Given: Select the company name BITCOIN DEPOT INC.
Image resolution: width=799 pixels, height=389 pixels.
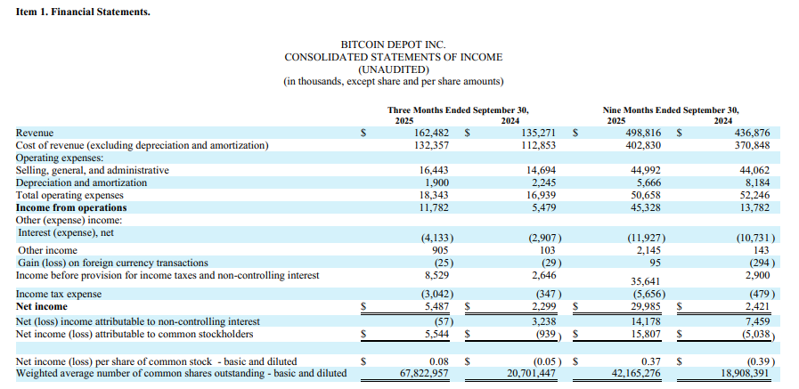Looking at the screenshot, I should coord(393,45).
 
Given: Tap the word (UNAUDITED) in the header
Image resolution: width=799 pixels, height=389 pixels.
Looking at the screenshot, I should coord(393,69).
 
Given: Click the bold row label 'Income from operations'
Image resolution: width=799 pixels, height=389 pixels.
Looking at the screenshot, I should coord(71,207).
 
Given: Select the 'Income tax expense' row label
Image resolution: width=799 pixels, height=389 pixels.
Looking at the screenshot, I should coord(59,294).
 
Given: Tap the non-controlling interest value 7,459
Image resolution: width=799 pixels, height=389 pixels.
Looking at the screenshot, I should coord(756,320).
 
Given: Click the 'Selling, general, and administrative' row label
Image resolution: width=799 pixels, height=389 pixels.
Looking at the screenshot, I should coord(93,170).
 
